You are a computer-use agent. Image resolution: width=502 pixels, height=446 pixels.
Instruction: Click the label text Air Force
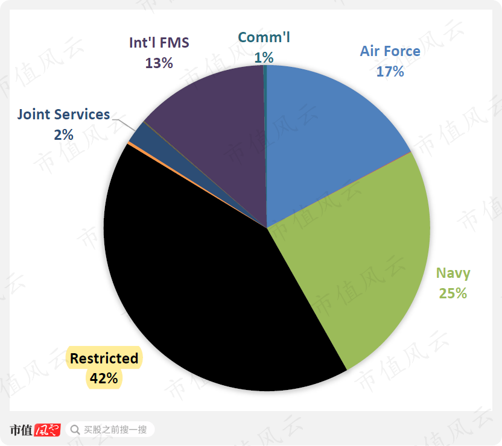[390, 51]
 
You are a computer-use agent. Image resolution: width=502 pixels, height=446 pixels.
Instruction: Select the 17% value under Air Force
[390, 71]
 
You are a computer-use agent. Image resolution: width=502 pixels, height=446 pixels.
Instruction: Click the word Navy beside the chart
[453, 273]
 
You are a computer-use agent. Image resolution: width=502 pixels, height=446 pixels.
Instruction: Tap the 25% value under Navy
[453, 294]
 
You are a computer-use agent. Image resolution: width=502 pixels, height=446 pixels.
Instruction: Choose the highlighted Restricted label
[104, 359]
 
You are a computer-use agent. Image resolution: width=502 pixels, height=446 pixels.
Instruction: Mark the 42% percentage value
[104, 379]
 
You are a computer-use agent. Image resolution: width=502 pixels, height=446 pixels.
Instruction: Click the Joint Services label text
[63, 115]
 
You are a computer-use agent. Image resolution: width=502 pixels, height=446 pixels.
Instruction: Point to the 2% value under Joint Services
[63, 134]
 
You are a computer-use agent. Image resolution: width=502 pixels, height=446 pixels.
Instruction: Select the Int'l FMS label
[159, 43]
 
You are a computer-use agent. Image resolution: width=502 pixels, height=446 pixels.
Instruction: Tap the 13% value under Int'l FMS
[159, 63]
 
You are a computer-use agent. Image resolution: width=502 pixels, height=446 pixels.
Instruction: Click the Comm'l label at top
[264, 37]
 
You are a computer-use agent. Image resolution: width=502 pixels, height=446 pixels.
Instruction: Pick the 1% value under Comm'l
[264, 57]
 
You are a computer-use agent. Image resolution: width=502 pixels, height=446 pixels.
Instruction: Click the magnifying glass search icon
[75, 430]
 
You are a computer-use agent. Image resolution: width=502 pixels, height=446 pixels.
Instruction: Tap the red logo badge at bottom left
[48, 430]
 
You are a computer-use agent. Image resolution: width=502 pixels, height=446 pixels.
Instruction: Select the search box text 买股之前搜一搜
[115, 430]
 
